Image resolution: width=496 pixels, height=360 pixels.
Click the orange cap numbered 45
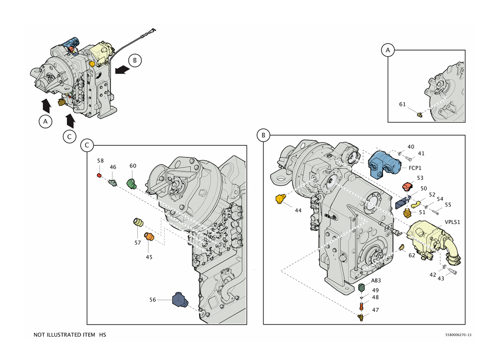coord(149,236)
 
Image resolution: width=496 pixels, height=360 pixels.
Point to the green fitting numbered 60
coord(132,182)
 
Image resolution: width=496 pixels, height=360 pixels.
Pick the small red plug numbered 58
coord(100,175)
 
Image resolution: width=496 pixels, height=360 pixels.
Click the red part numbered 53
coord(408,188)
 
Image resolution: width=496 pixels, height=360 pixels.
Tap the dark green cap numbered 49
coord(362,288)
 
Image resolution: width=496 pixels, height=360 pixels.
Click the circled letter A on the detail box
coord(388,50)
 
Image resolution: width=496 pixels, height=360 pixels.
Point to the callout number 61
coord(402,105)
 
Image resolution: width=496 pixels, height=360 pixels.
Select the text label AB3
coord(361,280)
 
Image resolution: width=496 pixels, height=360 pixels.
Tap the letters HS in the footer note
coord(102,335)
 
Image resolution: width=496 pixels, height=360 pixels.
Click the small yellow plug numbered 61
coord(419,115)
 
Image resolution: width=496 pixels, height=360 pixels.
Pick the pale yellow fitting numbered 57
coord(137,223)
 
